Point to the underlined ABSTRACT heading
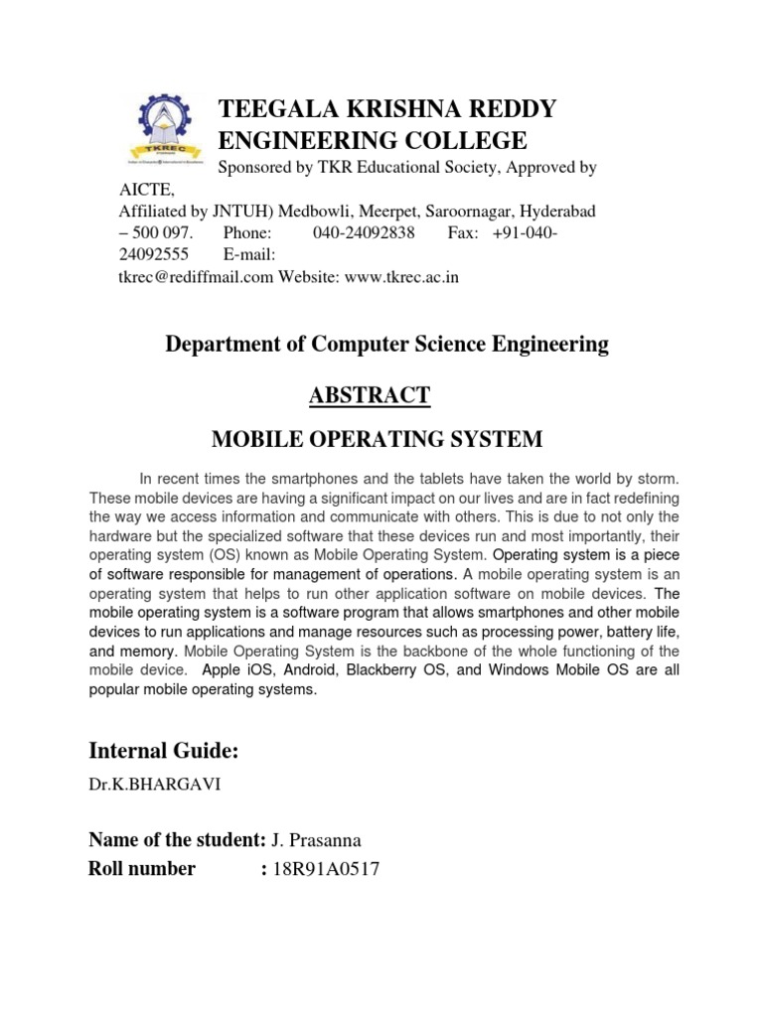pos(370,394)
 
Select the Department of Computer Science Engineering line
pos(386,344)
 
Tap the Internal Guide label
pos(164,750)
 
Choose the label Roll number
pos(142,869)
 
